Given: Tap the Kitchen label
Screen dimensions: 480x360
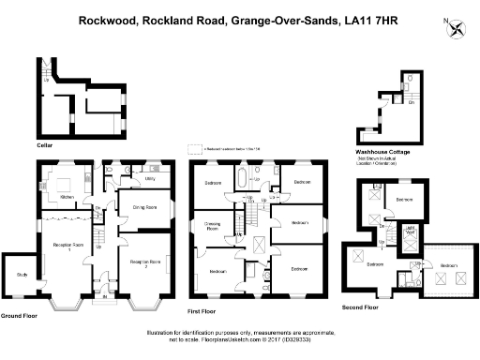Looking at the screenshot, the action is point(67,197).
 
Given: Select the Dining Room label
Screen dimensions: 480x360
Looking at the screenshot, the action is point(143,206).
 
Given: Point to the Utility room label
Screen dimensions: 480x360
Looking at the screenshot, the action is point(150,177).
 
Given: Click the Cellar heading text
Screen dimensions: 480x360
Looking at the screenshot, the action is point(44,145).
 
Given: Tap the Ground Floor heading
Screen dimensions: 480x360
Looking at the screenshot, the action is point(19,316).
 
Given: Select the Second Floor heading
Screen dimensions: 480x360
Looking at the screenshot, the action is point(361,307).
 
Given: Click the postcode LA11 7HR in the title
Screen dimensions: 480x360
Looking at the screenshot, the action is point(369,17).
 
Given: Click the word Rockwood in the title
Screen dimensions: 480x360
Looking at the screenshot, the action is point(106,17).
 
